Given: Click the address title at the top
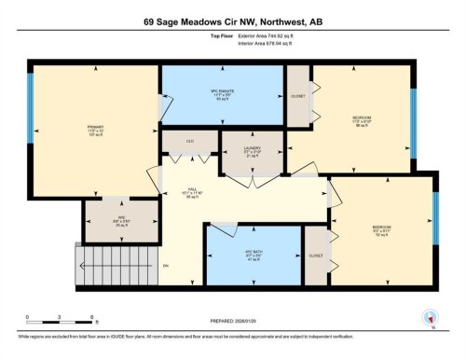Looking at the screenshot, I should point(232,21).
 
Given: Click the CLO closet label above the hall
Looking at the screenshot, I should point(189,143).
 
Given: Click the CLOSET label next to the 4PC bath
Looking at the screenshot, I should point(316,255).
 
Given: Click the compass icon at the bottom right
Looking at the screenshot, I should point(429,317).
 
